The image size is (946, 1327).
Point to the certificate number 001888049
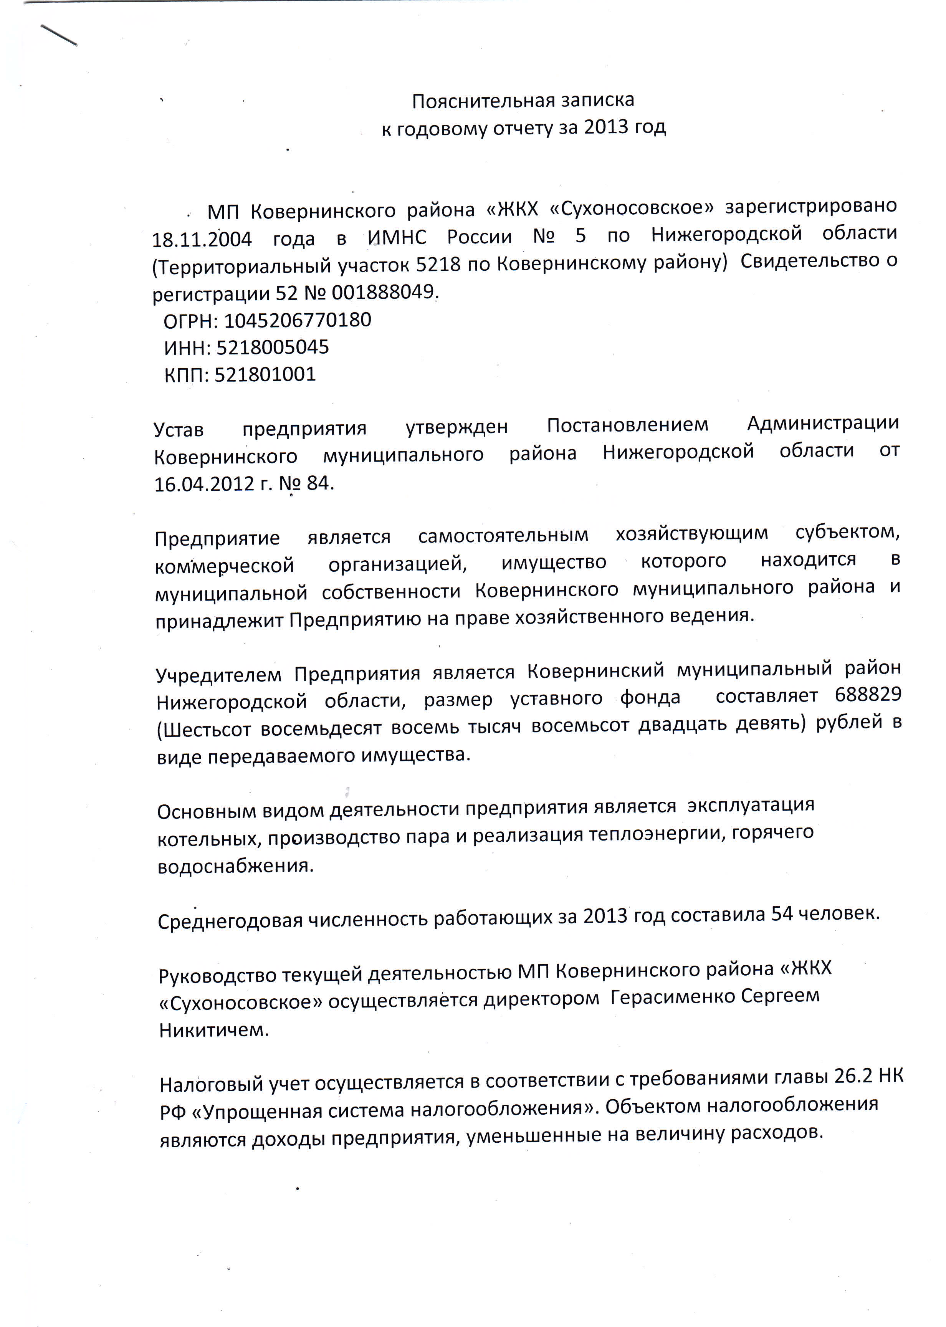(383, 292)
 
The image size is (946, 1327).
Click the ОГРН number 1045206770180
(297, 320)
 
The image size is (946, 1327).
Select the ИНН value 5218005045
(273, 347)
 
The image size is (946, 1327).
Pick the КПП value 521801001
(265, 374)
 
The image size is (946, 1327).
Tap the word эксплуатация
(750, 806)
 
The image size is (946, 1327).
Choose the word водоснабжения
(236, 865)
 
